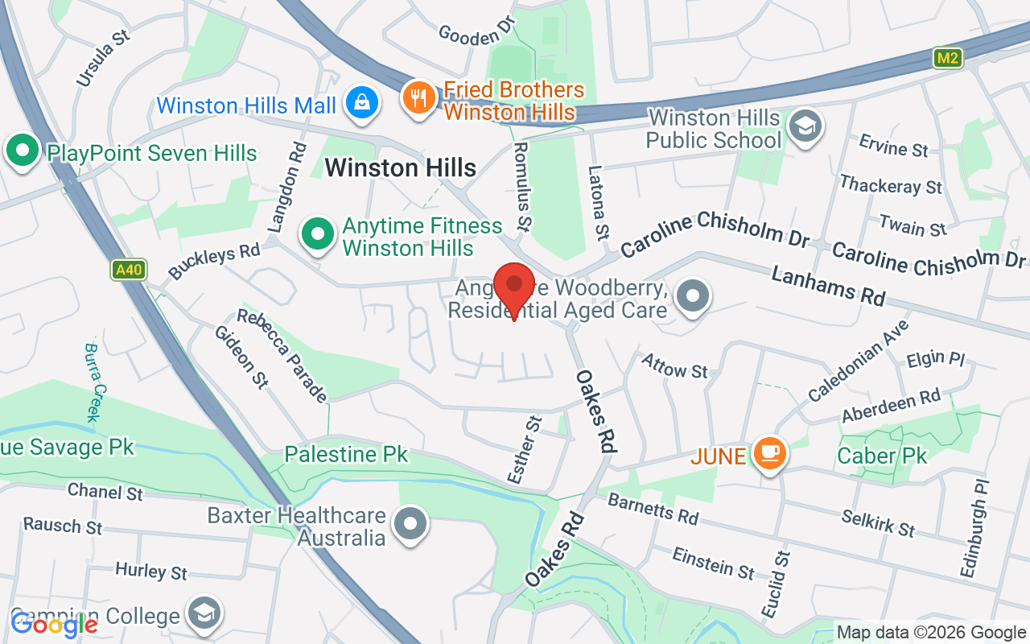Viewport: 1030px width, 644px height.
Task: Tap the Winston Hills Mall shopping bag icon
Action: tap(362, 103)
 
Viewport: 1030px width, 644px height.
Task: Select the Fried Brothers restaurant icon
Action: tap(418, 98)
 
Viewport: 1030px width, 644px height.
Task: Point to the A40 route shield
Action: tap(128, 270)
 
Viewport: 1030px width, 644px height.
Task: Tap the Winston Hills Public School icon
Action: tap(802, 126)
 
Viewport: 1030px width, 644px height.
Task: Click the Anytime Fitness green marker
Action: tap(318, 234)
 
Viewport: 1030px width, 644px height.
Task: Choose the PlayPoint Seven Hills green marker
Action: tap(23, 151)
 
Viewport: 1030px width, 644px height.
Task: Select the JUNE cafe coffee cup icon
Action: tap(770, 453)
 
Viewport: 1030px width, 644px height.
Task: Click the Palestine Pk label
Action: tap(346, 454)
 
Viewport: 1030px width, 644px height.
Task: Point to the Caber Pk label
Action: tap(882, 456)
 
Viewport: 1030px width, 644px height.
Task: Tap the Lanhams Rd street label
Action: tap(828, 287)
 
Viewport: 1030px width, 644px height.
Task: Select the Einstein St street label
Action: tap(714, 563)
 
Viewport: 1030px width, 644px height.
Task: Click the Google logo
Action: tap(54, 624)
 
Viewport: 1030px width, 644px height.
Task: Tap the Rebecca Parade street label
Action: tap(282, 355)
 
